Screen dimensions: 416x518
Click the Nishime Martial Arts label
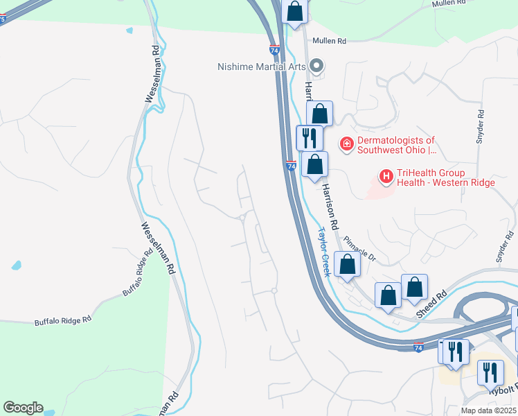coord(262,67)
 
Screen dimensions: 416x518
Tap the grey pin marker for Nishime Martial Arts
coord(317,67)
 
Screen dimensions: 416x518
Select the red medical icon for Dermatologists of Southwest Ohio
coord(346,145)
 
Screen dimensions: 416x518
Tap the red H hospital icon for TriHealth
coord(386,177)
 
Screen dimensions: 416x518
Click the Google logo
coord(23,408)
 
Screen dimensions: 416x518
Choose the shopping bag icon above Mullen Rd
coord(295,11)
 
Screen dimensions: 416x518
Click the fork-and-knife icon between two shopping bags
coord(309,137)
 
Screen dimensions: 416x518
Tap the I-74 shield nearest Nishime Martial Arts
coord(276,49)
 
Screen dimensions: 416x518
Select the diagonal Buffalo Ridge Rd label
coord(136,273)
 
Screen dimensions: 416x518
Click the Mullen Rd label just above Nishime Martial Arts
coord(328,42)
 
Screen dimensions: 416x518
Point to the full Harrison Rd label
coord(328,206)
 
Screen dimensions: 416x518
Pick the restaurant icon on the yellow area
coord(491,372)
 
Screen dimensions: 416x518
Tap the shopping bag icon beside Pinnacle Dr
coord(347,264)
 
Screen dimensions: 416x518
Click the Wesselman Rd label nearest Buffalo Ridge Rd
coord(157,248)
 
